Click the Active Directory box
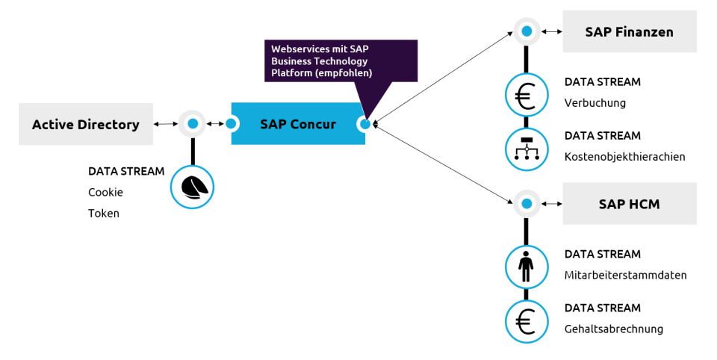(x=85, y=124)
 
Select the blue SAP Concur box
(x=297, y=124)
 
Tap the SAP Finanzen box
(x=629, y=31)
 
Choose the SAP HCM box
(x=629, y=203)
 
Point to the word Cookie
(x=105, y=192)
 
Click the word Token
(x=104, y=213)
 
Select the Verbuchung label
(x=595, y=103)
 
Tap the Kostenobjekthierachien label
(x=624, y=157)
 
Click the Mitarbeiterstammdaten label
(x=625, y=276)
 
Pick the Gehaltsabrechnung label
(x=613, y=329)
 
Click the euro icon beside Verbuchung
(x=527, y=95)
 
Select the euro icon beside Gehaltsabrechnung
(x=527, y=321)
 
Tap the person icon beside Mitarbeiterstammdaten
(x=527, y=267)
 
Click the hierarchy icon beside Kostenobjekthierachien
(x=527, y=149)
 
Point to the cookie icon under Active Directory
(x=192, y=187)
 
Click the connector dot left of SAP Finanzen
(x=527, y=31)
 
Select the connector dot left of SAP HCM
(x=527, y=203)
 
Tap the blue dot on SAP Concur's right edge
(x=364, y=124)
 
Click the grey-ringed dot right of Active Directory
(x=193, y=123)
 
